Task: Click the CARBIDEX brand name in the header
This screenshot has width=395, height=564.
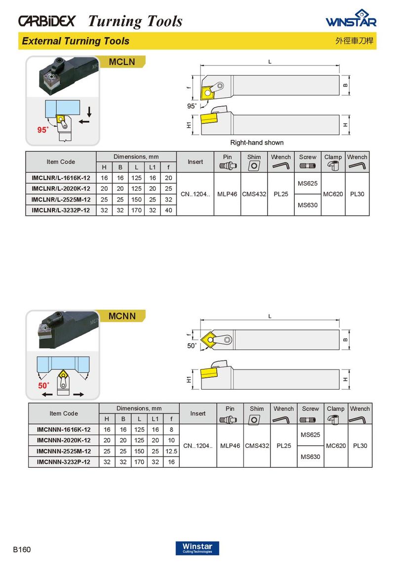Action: [47, 21]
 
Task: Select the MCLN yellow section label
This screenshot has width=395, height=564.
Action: [121, 62]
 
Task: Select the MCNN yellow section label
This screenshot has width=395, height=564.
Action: [122, 316]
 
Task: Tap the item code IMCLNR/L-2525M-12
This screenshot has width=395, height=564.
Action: [61, 200]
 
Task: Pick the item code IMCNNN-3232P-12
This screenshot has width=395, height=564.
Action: [64, 462]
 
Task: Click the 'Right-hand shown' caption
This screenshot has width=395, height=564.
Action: [257, 143]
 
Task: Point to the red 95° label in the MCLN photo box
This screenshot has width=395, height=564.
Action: [43, 130]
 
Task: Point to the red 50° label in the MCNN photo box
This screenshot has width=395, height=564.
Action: [44, 385]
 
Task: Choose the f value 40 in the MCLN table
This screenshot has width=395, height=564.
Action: [168, 210]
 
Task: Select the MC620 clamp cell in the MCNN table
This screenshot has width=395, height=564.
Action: [335, 446]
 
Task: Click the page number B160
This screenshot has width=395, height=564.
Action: [22, 549]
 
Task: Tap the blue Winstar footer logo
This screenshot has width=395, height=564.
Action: [197, 548]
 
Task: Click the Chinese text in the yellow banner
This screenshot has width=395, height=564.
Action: [352, 41]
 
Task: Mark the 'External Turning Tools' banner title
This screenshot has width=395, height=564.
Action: [76, 41]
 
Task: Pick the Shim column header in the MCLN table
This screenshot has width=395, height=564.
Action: [254, 157]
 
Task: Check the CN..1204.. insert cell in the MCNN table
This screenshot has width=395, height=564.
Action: [197, 446]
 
